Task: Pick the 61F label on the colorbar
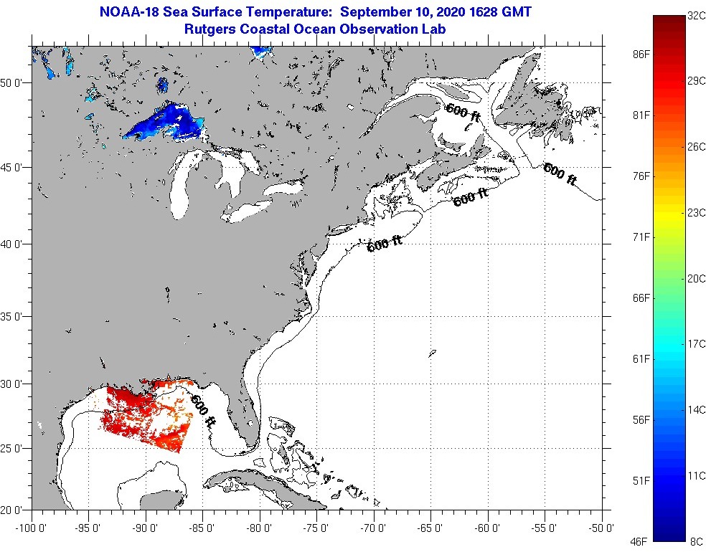[x=641, y=358]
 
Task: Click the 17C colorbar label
[x=696, y=344]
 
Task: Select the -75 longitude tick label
[x=316, y=528]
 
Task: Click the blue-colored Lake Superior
[x=166, y=122]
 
